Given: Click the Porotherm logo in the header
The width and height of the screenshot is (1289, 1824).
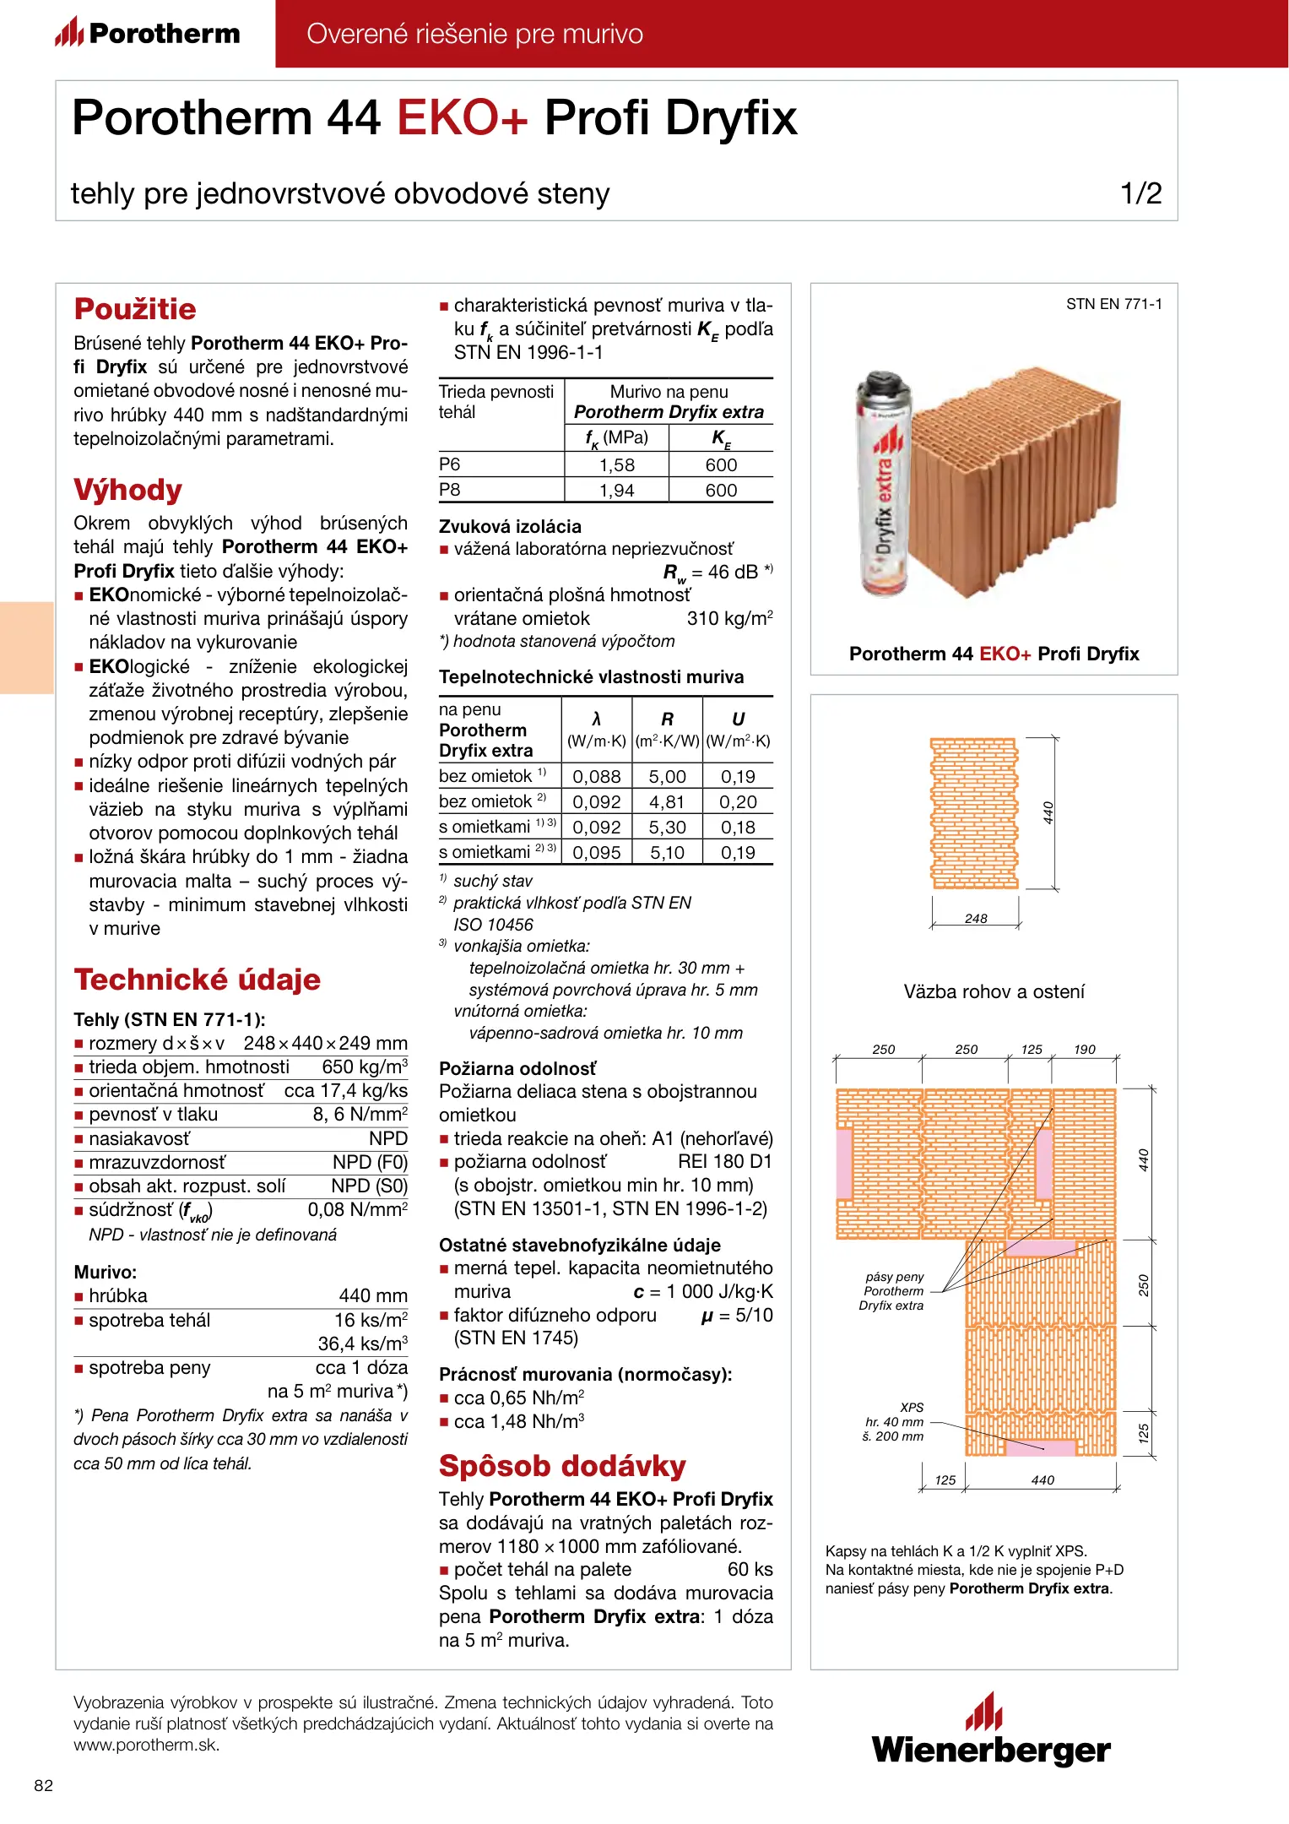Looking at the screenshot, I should pos(148,33).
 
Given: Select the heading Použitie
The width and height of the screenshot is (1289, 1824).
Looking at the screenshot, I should pos(135,309).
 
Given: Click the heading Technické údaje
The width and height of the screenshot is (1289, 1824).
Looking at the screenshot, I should pos(197,980).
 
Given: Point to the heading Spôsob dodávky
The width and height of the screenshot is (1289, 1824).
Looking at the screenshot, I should pos(562,1466).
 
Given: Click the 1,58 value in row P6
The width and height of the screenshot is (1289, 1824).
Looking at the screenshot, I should pos(616,465).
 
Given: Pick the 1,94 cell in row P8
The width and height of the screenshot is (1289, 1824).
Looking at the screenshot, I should pos(616,491).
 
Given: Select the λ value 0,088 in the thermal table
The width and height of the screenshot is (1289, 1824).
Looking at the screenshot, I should pos(596,777).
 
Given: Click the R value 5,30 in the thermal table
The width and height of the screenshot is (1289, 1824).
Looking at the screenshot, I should pos(667,828).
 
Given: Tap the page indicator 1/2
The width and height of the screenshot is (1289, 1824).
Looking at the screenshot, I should pos(1140,193).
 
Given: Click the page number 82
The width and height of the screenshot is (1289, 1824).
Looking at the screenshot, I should pos(44,1785).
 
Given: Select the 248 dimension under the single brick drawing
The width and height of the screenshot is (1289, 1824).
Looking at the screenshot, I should pos(976,919).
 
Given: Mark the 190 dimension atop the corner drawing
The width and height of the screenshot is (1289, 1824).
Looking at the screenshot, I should pos(1085,1050).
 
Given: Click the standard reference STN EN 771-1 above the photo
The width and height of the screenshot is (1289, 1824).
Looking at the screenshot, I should pos(1113,304).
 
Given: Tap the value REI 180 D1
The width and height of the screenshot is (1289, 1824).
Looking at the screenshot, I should pos(725,1162).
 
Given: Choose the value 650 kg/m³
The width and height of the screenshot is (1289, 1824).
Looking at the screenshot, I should pos(365,1067).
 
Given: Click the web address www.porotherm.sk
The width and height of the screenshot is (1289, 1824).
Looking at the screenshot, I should pos(146,1745).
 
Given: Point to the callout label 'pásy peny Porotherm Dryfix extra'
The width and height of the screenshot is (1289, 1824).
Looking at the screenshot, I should pos(893,1291).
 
